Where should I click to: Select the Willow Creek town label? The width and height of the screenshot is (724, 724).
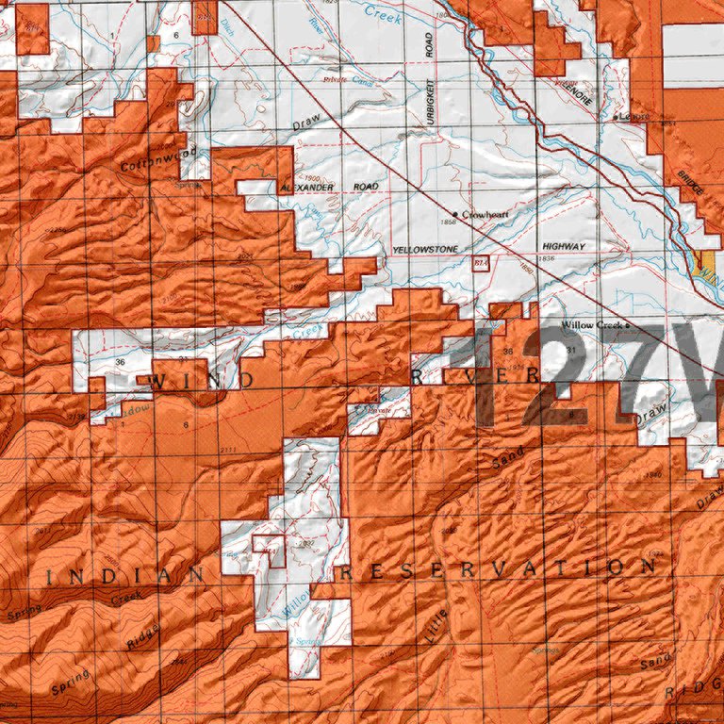click(x=591, y=325)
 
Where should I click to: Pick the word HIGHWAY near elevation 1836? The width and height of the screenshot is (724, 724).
click(x=563, y=246)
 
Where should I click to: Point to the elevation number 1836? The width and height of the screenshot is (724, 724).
click(x=546, y=258)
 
